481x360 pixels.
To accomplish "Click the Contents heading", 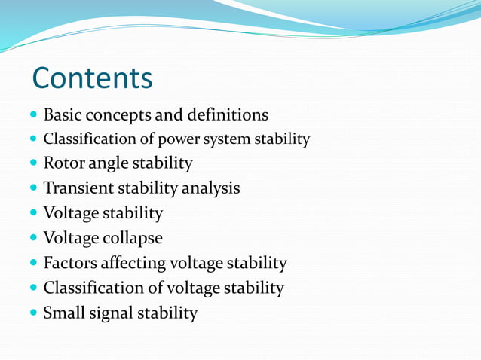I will pyautogui.click(x=92, y=78).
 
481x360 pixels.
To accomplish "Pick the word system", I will pyautogui.click(x=225, y=139).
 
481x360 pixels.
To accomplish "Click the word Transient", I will pyautogui.click(x=78, y=188).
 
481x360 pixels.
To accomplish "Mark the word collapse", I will pyautogui.click(x=133, y=238).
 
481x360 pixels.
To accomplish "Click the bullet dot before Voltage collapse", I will pyautogui.click(x=33, y=239).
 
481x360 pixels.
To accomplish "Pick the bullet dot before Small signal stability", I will pyautogui.click(x=33, y=313).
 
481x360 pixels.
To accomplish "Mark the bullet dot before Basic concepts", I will pyautogui.click(x=33, y=116).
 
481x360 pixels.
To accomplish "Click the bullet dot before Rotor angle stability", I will pyautogui.click(x=33, y=163).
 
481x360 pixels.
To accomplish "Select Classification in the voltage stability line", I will pyautogui.click(x=91, y=288).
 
